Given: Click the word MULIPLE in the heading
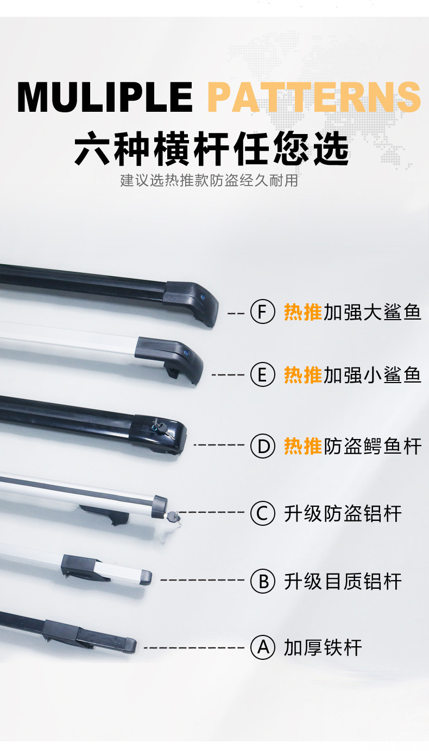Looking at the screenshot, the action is pos(105,97).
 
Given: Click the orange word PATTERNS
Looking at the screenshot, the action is pos(314,97).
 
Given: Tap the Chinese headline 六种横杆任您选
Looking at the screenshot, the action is pos(211,149).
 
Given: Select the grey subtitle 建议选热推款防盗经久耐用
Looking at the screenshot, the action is pos(209,180).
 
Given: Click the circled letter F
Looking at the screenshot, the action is pos(263,312).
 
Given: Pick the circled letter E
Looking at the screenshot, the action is pos(263,374).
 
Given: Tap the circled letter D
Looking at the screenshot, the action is pos(263,445).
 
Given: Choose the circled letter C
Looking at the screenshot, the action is pos(263,513).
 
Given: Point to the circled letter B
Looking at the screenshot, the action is pos(263,581).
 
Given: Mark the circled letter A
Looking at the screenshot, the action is pos(263,647).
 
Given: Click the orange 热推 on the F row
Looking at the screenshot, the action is pos(303,312).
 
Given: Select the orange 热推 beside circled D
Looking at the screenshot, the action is pos(303,446).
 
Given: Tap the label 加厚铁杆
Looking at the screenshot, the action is pos(323,647).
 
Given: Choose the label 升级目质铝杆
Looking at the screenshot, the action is pos(343,581).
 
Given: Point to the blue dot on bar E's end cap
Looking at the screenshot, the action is pos(186,352).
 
